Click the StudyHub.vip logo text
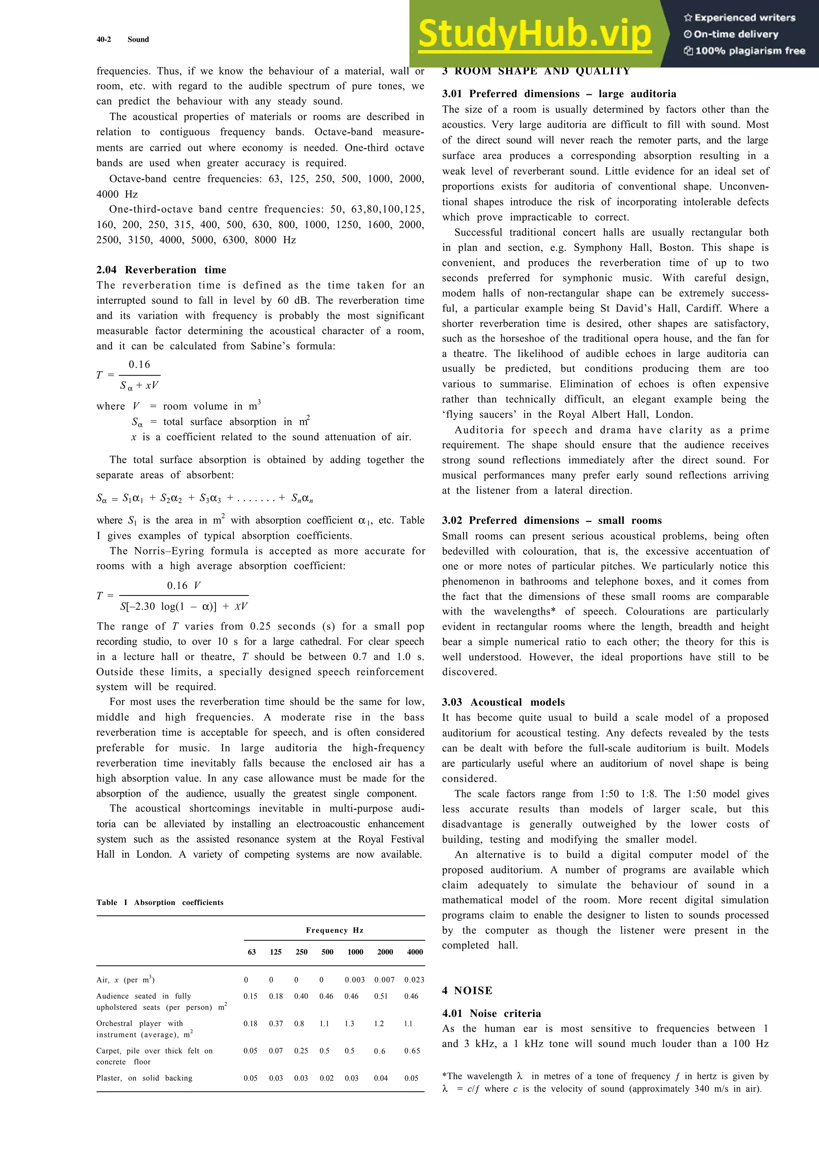pyautogui.click(x=535, y=34)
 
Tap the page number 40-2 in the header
pyautogui.click(x=104, y=39)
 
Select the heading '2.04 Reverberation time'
pyautogui.click(x=162, y=270)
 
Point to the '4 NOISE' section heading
pyautogui.click(x=467, y=990)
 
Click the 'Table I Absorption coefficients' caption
pyautogui.click(x=160, y=902)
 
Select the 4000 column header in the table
pyautogui.click(x=415, y=952)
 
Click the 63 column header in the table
pyautogui.click(x=251, y=952)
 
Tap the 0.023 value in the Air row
pyautogui.click(x=414, y=980)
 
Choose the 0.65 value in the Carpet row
pyautogui.click(x=412, y=1051)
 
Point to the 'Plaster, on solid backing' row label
pyautogui.click(x=144, y=1078)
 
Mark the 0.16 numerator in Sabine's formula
pyautogui.click(x=139, y=364)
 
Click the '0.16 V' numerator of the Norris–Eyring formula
pyautogui.click(x=184, y=585)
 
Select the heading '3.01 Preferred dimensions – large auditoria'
pyautogui.click(x=559, y=94)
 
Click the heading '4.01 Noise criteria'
pyautogui.click(x=491, y=1013)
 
